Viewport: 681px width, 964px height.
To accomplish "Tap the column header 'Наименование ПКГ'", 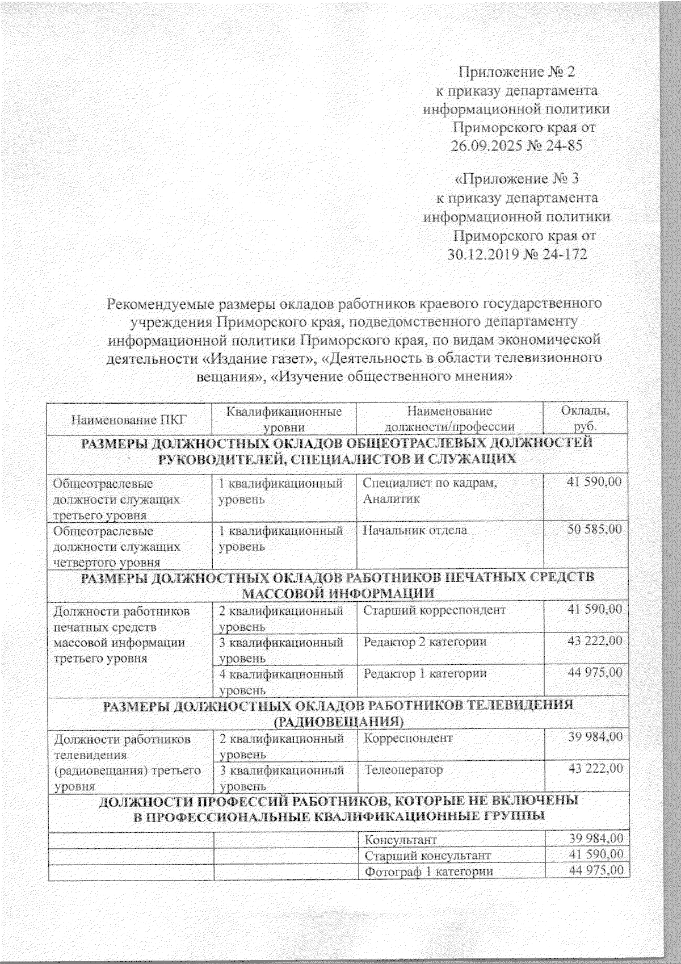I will click(x=129, y=421).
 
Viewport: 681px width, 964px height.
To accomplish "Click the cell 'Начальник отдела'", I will click(x=415, y=530).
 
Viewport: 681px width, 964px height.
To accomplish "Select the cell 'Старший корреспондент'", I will click(x=434, y=610).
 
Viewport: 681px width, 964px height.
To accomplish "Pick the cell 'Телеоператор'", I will click(x=403, y=770).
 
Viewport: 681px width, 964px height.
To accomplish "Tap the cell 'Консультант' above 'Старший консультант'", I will click(x=401, y=839).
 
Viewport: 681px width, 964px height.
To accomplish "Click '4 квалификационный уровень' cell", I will click(x=281, y=681).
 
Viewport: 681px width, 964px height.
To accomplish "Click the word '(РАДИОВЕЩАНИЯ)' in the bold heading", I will click(x=339, y=721).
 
